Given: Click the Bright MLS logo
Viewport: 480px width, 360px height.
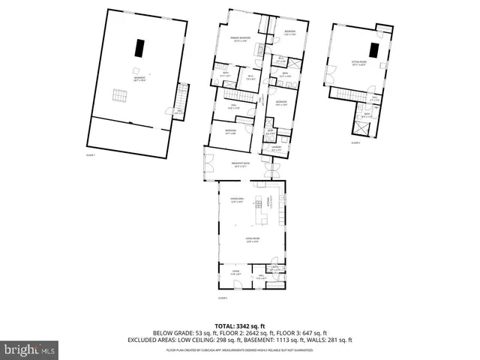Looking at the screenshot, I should [30, 349].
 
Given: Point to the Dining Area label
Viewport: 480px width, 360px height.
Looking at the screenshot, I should [238, 199].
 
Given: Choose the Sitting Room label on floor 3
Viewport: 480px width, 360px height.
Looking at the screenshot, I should [359, 64].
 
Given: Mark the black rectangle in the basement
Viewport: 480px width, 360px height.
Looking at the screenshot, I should [139, 47].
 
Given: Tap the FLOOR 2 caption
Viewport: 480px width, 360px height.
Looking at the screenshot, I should [222, 298].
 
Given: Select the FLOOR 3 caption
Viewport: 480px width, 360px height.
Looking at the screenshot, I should [355, 142].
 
